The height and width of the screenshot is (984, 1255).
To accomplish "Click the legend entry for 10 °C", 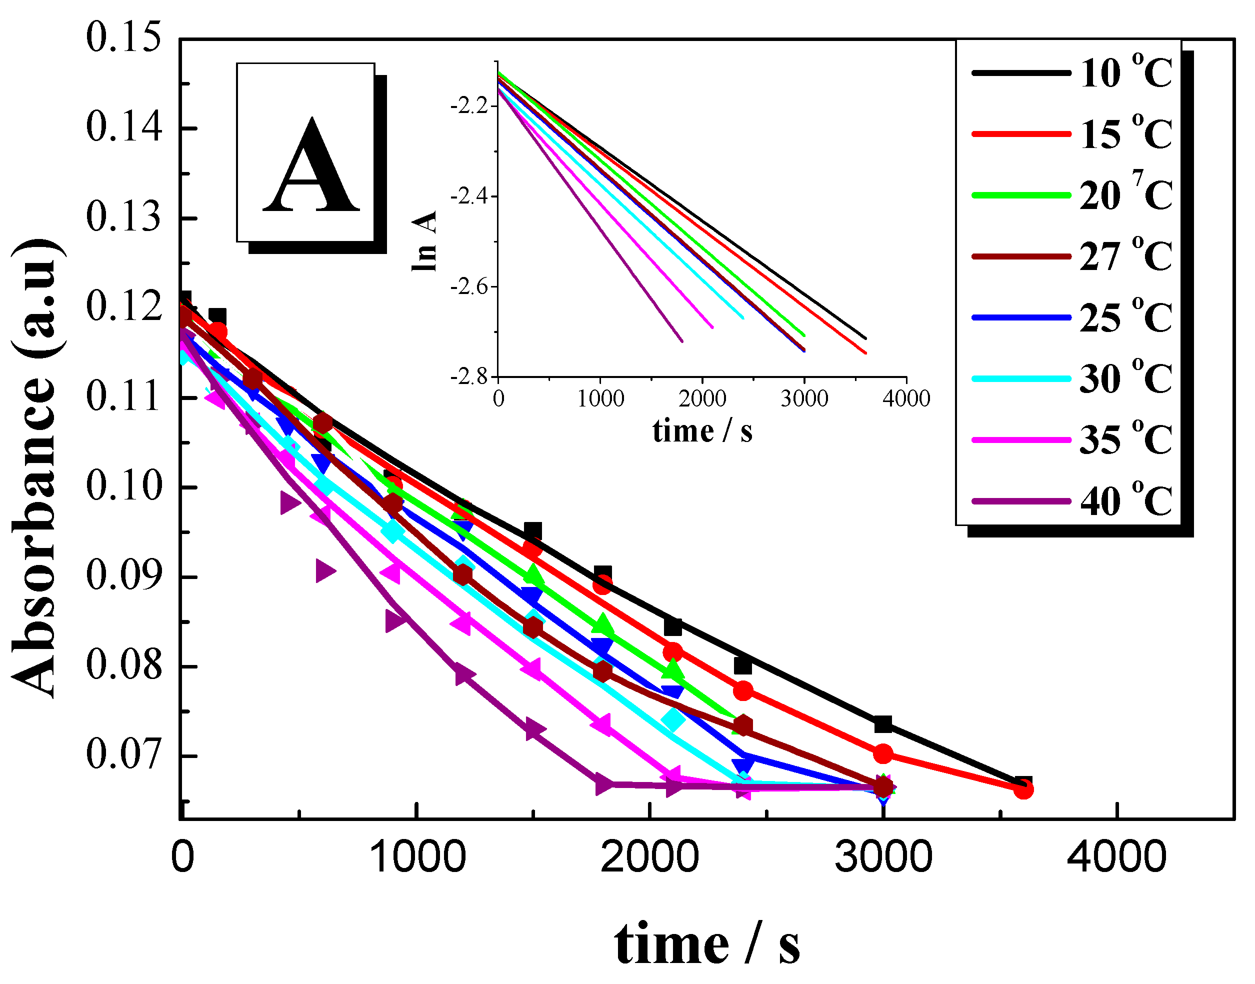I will (1071, 73).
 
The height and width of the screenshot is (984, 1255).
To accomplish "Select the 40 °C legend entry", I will (1071, 501).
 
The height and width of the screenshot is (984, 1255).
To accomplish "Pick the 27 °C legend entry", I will (1071, 256).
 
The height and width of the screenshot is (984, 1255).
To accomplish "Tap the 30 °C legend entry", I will (1071, 378).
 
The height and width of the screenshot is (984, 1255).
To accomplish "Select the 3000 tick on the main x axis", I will (883, 857).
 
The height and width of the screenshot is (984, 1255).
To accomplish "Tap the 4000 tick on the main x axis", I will (1116, 857).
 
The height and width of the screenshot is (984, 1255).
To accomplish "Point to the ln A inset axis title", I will (424, 241).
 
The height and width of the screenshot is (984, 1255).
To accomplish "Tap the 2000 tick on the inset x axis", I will (702, 398).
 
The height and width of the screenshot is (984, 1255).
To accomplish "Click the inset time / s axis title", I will (702, 430).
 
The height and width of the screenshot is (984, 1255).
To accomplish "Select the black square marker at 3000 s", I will (883, 724).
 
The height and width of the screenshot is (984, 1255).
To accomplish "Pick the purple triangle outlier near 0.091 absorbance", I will (325, 571).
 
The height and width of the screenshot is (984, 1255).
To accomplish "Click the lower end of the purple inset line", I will (682, 341).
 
